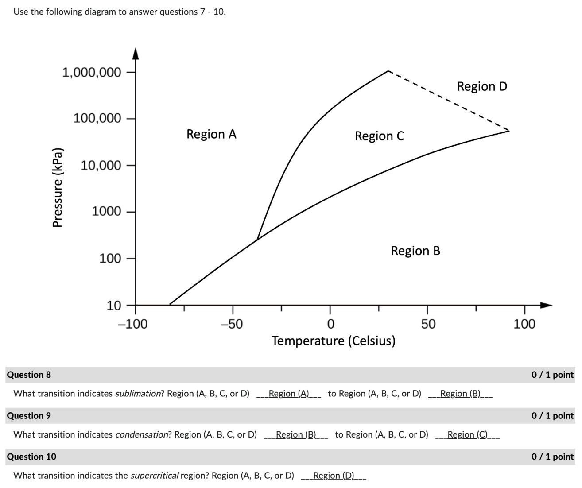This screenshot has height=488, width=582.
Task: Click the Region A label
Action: tap(211, 134)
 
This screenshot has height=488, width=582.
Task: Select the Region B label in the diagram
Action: tap(415, 251)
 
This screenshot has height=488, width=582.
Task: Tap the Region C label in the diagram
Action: tap(379, 136)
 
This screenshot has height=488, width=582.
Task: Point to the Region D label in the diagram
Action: tap(481, 86)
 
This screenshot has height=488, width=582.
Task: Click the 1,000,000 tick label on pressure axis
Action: tap(91, 72)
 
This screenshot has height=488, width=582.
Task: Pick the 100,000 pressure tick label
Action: tap(97, 118)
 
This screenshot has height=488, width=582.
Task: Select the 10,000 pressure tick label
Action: tap(101, 165)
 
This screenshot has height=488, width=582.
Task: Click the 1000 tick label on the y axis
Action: tap(106, 211)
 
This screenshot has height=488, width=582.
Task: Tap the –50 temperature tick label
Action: tap(232, 324)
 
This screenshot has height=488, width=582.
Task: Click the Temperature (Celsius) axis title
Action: tap(333, 341)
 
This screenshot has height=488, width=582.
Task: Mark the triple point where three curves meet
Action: tap(257, 240)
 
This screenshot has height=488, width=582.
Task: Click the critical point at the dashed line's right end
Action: tap(509, 131)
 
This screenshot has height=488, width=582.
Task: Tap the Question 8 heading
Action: tap(29, 375)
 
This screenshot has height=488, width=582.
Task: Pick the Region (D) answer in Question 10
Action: tap(334, 475)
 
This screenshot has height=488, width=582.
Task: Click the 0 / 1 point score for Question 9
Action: tap(552, 415)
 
